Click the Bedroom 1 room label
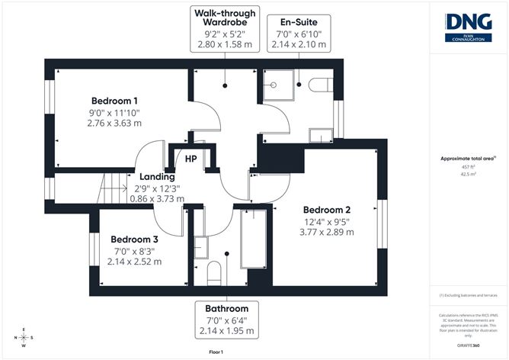[114, 101]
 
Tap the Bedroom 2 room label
[326, 210]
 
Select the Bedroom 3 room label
[135, 239]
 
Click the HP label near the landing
[192, 159]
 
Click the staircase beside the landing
[115, 188]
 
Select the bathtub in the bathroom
[252, 239]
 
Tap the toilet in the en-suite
[318, 83]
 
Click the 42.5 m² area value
[468, 173]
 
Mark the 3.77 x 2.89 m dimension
[326, 233]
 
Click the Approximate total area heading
[467, 159]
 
